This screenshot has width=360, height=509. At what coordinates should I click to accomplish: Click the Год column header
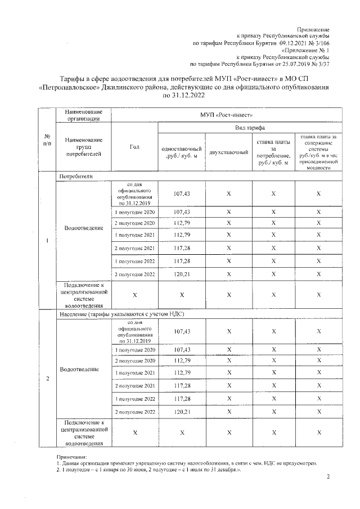[x=134, y=147]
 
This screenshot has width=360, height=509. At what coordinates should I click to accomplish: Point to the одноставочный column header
[x=182, y=152]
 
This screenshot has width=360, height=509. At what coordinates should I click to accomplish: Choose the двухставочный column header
[x=228, y=152]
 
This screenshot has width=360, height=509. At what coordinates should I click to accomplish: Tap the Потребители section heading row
[x=76, y=177]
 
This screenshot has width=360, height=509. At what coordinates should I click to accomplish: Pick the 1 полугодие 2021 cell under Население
[x=134, y=372]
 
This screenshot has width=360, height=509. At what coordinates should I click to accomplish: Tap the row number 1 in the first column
[x=46, y=241]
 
